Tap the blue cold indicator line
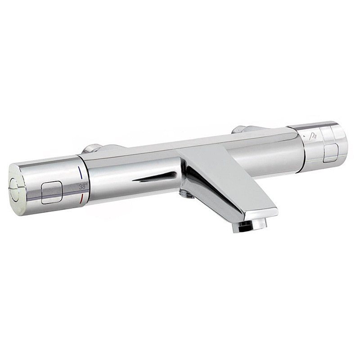80,172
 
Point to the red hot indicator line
81,198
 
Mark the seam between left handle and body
84,180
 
